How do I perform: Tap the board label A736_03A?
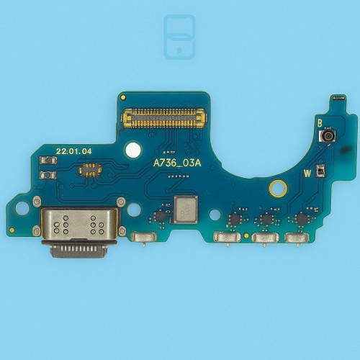[177, 163]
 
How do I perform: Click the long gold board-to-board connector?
[164, 112]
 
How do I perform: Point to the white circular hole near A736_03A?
[132, 150]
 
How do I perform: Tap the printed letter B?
[320, 123]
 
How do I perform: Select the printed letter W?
[307, 173]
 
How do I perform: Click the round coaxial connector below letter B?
[328, 136]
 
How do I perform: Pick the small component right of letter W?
[320, 171]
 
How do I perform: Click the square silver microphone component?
[185, 210]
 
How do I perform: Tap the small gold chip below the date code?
[90, 169]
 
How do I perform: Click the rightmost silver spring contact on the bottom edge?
[297, 238]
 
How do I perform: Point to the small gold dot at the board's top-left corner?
[123, 96]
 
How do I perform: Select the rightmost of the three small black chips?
[300, 219]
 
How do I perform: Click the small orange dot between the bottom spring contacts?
[246, 235]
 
